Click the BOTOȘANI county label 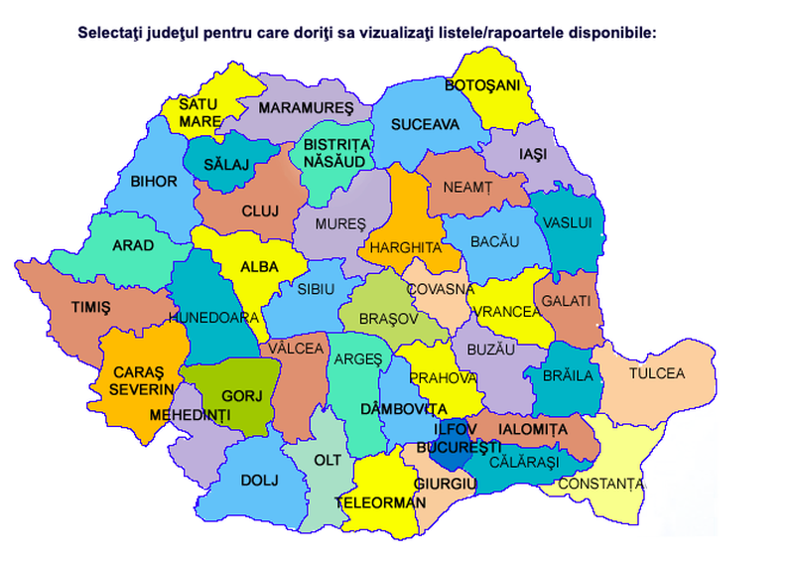pyautogui.click(x=482, y=85)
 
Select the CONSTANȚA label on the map pyautogui.click(x=600, y=484)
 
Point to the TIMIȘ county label pyautogui.click(x=90, y=308)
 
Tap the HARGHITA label pyautogui.click(x=405, y=246)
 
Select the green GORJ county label pyautogui.click(x=240, y=395)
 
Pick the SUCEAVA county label pyautogui.click(x=425, y=125)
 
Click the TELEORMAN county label pyautogui.click(x=380, y=502)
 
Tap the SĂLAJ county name pyautogui.click(x=226, y=164)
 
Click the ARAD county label pyautogui.click(x=132, y=246)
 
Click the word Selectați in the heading pyautogui.click(x=111, y=32)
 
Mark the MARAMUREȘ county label pyautogui.click(x=306, y=106)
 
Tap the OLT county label pyautogui.click(x=328, y=461)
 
